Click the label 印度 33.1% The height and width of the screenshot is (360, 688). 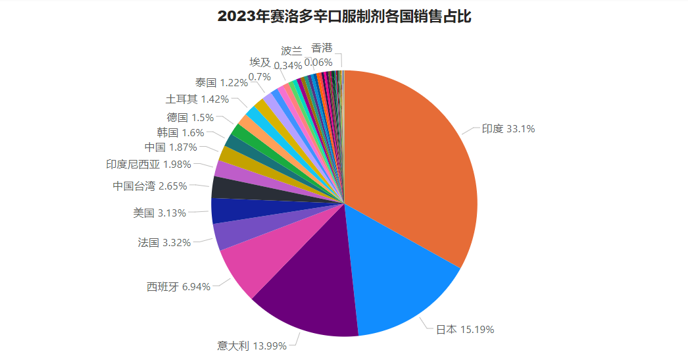pos(508,129)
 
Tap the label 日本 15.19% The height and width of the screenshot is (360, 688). pos(465,329)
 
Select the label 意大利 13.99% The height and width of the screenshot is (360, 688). pos(252,346)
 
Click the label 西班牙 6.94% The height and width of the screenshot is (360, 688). pos(178,287)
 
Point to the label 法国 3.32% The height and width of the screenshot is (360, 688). pos(164,243)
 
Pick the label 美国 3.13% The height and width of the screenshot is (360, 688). pos(159,213)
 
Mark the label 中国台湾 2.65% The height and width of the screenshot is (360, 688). pos(149,186)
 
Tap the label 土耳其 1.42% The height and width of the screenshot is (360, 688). pos(197,99)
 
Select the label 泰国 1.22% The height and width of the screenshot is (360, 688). pos(221,83)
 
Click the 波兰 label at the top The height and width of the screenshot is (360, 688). pos(291,51)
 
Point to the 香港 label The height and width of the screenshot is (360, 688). pos(322,48)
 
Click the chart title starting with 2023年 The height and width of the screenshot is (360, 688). pos(344,16)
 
